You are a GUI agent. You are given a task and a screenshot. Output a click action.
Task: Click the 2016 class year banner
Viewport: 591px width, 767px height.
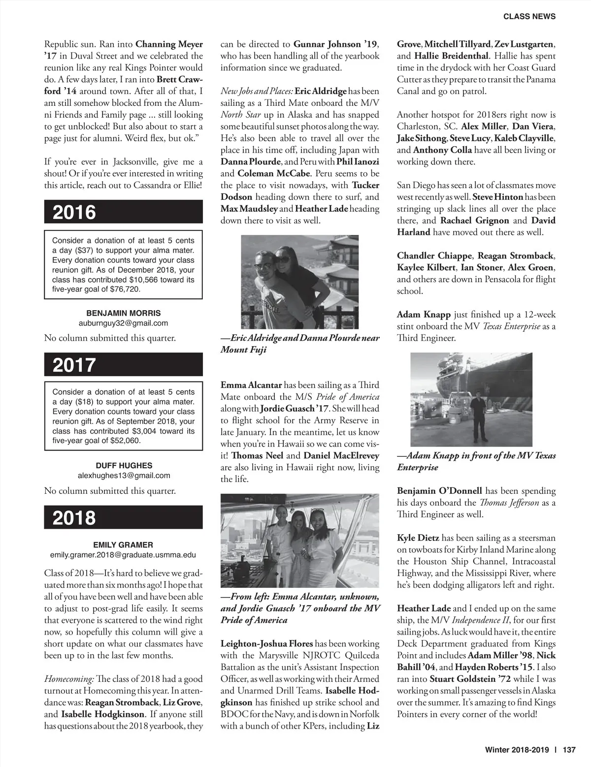(x=123, y=212)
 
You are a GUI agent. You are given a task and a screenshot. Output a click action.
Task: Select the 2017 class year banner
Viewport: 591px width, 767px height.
(x=123, y=365)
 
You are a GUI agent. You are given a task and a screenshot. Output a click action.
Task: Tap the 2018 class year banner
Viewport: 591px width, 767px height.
(x=123, y=517)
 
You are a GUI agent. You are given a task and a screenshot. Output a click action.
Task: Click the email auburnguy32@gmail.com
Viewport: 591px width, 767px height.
(x=123, y=323)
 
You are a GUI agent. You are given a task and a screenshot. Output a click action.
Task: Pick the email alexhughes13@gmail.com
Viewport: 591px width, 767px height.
(x=124, y=476)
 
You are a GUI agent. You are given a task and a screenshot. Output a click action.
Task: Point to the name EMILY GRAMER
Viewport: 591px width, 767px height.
(x=123, y=544)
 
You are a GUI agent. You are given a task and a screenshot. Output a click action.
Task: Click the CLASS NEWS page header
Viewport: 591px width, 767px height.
(x=529, y=16)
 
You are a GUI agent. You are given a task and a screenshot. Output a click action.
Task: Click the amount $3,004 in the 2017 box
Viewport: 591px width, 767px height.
(x=147, y=431)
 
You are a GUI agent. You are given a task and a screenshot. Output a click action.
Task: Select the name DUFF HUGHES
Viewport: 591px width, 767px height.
(x=124, y=465)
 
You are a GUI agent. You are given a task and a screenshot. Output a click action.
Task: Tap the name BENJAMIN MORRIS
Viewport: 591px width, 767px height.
(x=123, y=313)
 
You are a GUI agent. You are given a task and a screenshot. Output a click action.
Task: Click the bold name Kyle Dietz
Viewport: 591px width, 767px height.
(x=418, y=538)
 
